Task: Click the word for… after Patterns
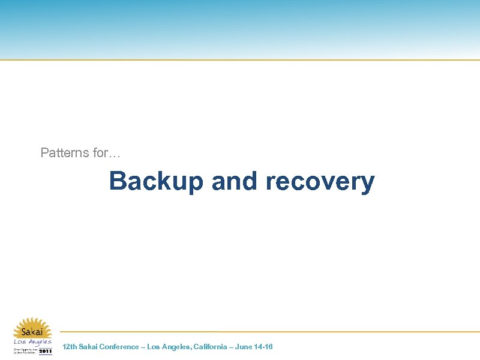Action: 107,153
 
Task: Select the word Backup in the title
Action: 157,181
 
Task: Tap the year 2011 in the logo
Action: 46,351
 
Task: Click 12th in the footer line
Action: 70,347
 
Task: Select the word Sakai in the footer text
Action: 88,347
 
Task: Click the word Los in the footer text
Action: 154,347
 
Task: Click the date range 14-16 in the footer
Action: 265,347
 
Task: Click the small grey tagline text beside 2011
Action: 25,350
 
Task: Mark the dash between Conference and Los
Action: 142,347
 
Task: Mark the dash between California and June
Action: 232,347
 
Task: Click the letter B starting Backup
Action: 118,181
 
